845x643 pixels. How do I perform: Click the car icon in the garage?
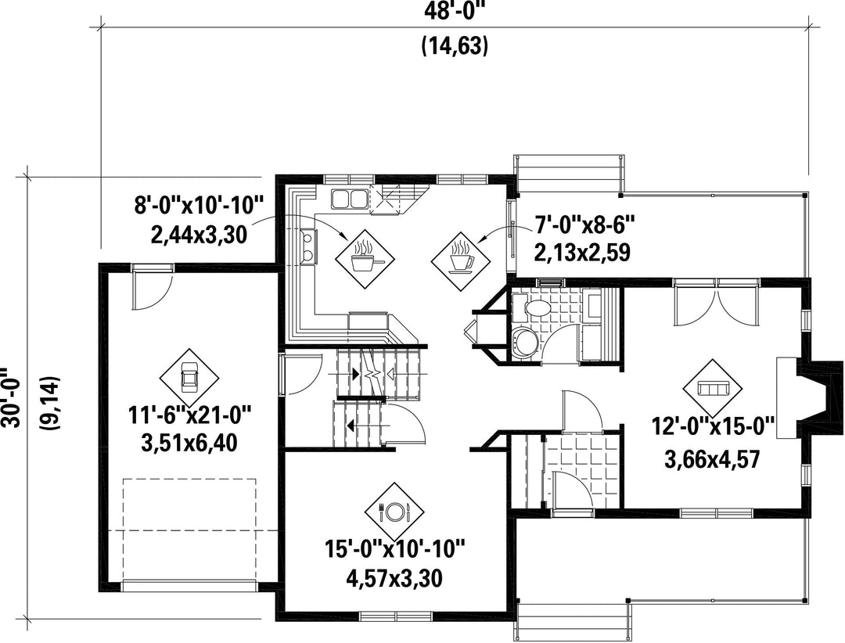(x=189, y=377)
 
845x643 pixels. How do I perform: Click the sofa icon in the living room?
(x=713, y=388)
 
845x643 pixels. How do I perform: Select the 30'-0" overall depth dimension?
(x=10, y=397)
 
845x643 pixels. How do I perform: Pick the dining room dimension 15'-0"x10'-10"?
(x=394, y=550)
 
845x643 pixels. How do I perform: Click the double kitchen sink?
(x=349, y=199)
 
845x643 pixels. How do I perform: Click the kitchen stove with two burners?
(x=309, y=246)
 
